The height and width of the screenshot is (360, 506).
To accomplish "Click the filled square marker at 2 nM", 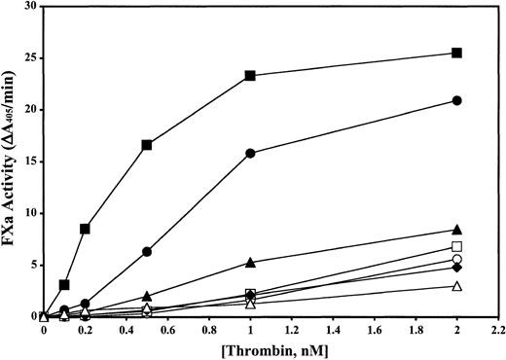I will coord(456,53).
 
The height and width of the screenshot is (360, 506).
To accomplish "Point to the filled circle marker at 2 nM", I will coord(456,100).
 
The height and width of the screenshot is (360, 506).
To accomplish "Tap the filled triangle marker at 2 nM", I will coord(456,230).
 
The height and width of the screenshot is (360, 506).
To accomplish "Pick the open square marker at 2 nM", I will coord(456,246).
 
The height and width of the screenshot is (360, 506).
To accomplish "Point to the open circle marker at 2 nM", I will coord(456,259).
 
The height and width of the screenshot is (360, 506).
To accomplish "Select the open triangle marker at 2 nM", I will coord(456,286).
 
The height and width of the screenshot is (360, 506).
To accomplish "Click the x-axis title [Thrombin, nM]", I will coord(271,349).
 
